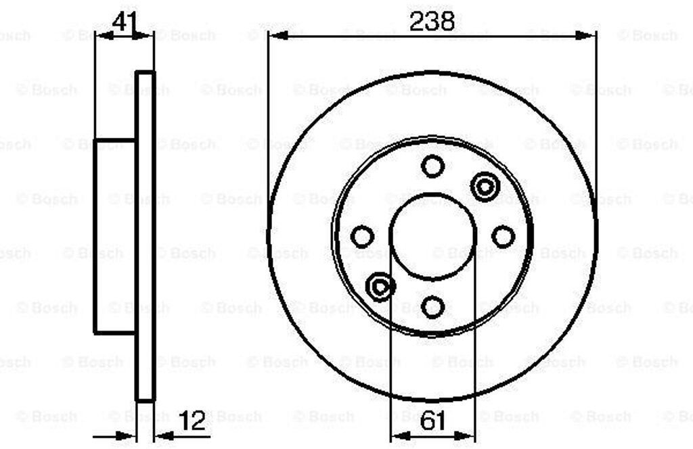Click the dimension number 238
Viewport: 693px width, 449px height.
(x=432, y=21)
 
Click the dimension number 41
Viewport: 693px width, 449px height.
(x=125, y=21)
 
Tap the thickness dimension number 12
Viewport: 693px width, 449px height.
(x=193, y=421)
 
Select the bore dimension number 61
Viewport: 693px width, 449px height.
(x=432, y=421)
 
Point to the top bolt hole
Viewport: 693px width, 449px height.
(x=432, y=166)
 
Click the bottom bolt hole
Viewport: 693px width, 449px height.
(x=432, y=307)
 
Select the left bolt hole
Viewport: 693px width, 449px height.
(x=362, y=236)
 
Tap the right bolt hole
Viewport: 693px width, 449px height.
(x=503, y=236)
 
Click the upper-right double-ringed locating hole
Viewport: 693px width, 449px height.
(x=485, y=187)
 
